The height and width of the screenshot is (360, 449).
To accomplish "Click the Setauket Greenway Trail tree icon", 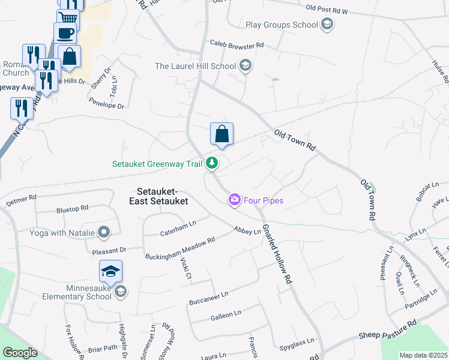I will click(212, 163).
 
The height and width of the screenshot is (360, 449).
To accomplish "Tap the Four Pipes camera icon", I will click(235, 200).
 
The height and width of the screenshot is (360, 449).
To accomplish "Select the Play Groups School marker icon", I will click(327, 25).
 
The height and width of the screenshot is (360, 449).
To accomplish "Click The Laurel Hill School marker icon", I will click(245, 66).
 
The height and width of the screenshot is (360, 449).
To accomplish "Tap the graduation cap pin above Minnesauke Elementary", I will click(110, 272).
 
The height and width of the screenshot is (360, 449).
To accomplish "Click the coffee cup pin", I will click(65, 33).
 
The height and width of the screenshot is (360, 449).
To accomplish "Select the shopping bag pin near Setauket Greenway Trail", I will click(221, 134).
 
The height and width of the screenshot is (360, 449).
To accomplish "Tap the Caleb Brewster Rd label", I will click(237, 44).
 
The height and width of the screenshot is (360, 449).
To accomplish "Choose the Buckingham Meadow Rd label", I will click(179, 248).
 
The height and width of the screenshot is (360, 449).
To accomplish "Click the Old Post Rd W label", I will click(335, 9).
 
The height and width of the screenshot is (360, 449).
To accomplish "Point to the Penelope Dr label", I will click(107, 104).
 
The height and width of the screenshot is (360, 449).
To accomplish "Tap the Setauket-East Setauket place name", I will click(158, 196).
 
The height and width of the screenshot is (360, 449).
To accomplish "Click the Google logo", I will click(20, 353).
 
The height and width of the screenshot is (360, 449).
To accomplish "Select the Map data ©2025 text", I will click(423, 355).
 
